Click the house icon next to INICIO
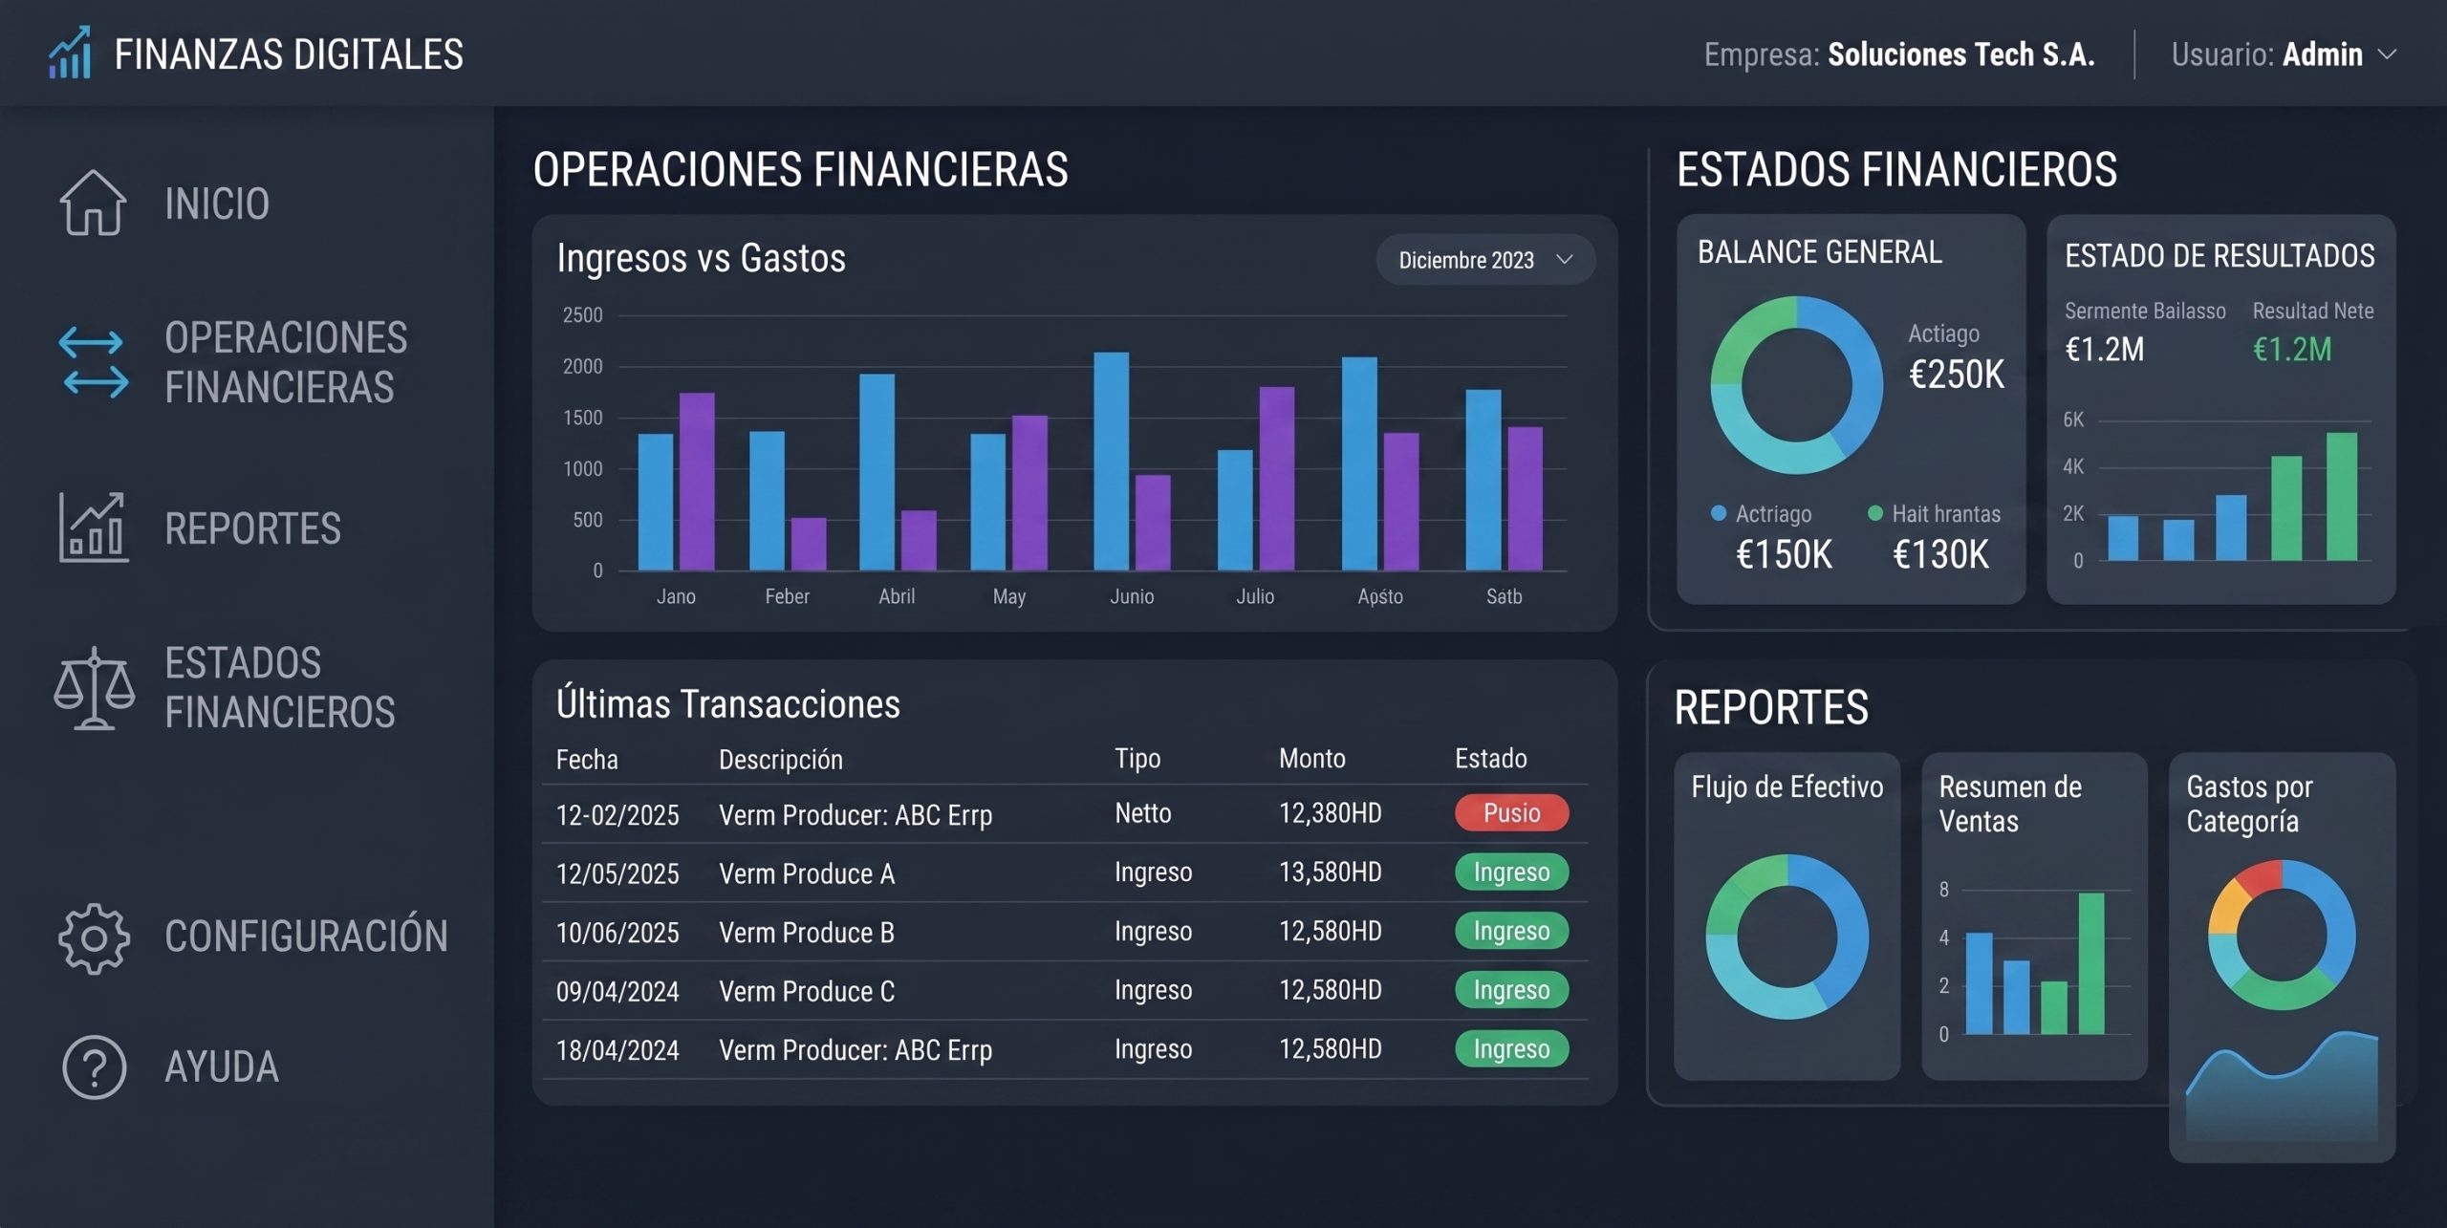(x=93, y=202)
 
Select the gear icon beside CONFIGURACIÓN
(x=94, y=937)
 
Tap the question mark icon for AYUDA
(x=94, y=1066)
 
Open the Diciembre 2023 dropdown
(x=1484, y=260)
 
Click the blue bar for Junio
(x=1111, y=462)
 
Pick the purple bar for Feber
(x=809, y=544)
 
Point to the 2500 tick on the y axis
(x=583, y=314)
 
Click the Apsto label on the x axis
(x=1380, y=596)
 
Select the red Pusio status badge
(x=1511, y=812)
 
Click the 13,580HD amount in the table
(x=1330, y=872)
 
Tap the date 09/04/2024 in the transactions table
(x=617, y=991)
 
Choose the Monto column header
(x=1311, y=758)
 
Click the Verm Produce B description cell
(x=806, y=932)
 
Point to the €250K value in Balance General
(x=1956, y=374)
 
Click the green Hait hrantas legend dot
(x=1875, y=513)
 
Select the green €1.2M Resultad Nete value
(x=2292, y=350)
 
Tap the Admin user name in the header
(x=2323, y=54)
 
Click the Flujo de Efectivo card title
(x=1787, y=786)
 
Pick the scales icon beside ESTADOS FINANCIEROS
(x=94, y=688)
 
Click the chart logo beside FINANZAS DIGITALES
(x=71, y=53)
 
